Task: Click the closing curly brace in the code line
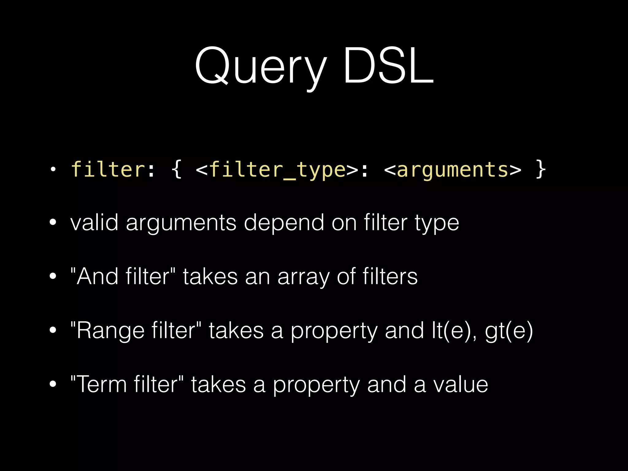point(540,170)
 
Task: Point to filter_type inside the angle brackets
point(278,170)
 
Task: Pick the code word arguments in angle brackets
point(453,170)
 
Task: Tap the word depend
point(284,223)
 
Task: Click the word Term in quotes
point(101,385)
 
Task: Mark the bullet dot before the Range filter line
point(53,331)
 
